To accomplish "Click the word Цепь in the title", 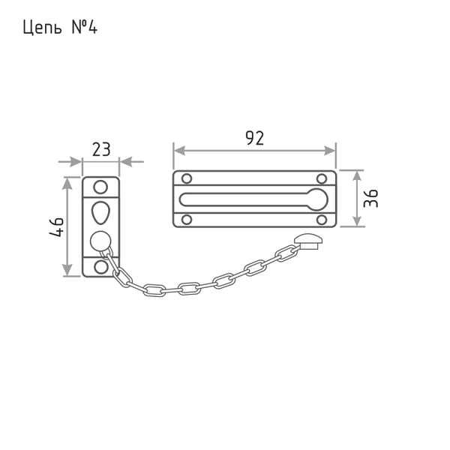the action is pyautogui.click(x=42, y=28).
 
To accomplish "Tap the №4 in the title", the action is pyautogui.click(x=84, y=28).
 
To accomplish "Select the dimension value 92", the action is pyautogui.click(x=255, y=138).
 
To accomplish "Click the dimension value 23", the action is pyautogui.click(x=101, y=149).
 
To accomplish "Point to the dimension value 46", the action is pyautogui.click(x=56, y=227).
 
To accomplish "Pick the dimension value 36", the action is pyautogui.click(x=370, y=198).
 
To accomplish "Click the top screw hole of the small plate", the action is pyautogui.click(x=100, y=187).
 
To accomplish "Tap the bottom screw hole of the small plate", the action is pyautogui.click(x=101, y=267).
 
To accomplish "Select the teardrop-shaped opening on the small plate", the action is pyautogui.click(x=100, y=213).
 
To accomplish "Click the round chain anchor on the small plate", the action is pyautogui.click(x=100, y=241).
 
